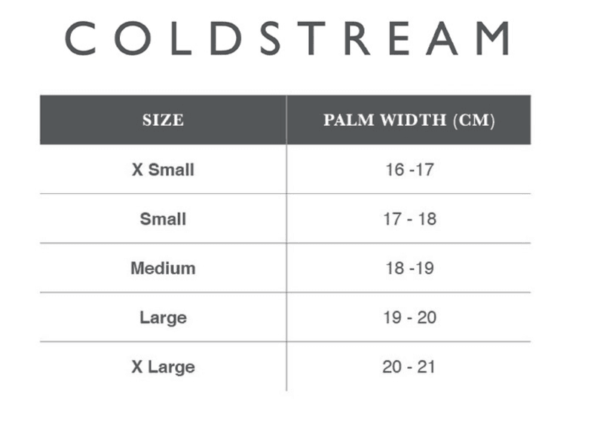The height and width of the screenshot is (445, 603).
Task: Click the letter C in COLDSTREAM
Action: point(81,38)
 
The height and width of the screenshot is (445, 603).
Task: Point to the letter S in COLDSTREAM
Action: point(270,38)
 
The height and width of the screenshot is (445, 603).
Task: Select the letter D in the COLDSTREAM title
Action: point(224,38)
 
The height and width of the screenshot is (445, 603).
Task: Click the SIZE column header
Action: point(163,120)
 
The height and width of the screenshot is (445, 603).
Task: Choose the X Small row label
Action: point(163,170)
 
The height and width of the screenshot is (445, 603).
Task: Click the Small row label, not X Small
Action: point(163,219)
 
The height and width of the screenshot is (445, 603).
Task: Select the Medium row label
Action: point(163,269)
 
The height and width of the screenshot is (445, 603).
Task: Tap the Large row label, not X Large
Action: point(163,318)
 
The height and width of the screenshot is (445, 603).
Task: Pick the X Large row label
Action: point(163,367)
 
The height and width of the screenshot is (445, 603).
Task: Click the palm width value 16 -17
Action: point(409,170)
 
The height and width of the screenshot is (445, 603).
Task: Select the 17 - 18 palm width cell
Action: point(409,219)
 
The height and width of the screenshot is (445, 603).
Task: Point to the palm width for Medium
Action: point(409,269)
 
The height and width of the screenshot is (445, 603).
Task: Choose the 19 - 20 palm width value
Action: point(409,318)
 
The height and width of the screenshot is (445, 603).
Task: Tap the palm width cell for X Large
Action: point(409,367)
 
